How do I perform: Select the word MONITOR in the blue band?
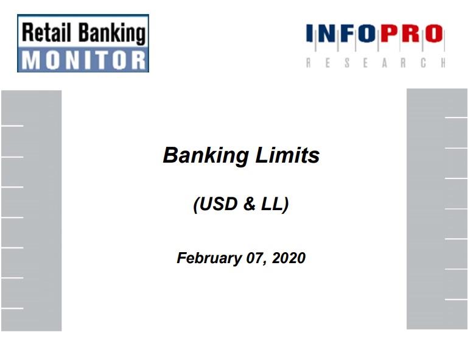click(83, 60)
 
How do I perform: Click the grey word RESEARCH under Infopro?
click(376, 63)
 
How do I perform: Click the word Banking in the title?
click(206, 156)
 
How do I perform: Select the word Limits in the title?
click(287, 155)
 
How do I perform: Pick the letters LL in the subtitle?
click(271, 204)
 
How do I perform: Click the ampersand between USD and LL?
click(249, 204)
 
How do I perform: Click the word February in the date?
click(209, 258)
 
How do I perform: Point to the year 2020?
click(289, 258)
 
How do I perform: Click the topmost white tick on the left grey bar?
click(12, 125)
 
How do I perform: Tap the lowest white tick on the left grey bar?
click(12, 308)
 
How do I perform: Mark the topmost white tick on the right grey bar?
click(456, 117)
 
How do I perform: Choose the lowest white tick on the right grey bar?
click(456, 300)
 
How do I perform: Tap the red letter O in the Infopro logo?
click(434, 34)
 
